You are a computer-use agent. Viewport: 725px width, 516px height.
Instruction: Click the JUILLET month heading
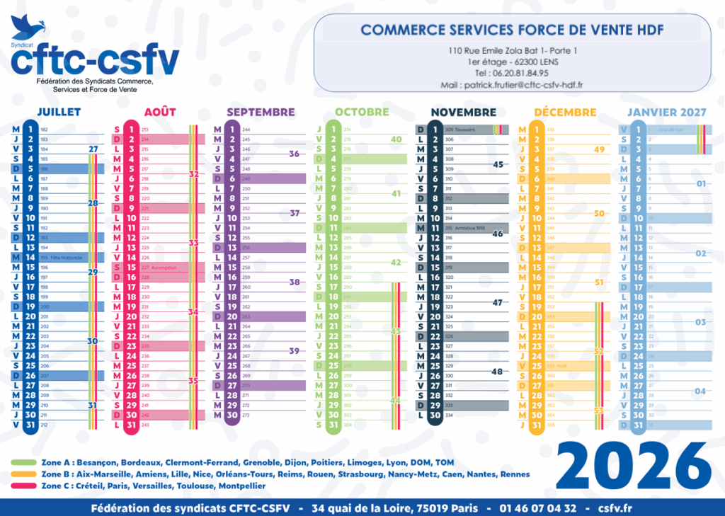(x=59, y=112)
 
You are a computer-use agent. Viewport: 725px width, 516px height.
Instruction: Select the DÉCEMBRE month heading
(x=565, y=112)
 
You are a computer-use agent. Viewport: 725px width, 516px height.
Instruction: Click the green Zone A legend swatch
(x=25, y=462)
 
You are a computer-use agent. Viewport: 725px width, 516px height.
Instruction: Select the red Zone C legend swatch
(x=25, y=486)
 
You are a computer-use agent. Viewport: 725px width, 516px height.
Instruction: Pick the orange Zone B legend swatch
(x=25, y=474)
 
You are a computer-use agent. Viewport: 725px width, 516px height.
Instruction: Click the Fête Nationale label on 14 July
(x=66, y=258)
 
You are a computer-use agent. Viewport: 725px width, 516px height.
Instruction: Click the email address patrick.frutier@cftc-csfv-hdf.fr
(x=512, y=85)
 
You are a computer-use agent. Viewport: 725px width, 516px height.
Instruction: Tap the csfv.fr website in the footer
(x=615, y=508)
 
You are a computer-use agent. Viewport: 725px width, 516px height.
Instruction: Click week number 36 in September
(x=295, y=154)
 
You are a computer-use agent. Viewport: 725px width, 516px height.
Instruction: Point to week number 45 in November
(x=497, y=164)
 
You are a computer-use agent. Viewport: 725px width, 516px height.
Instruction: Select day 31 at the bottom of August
(x=131, y=425)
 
